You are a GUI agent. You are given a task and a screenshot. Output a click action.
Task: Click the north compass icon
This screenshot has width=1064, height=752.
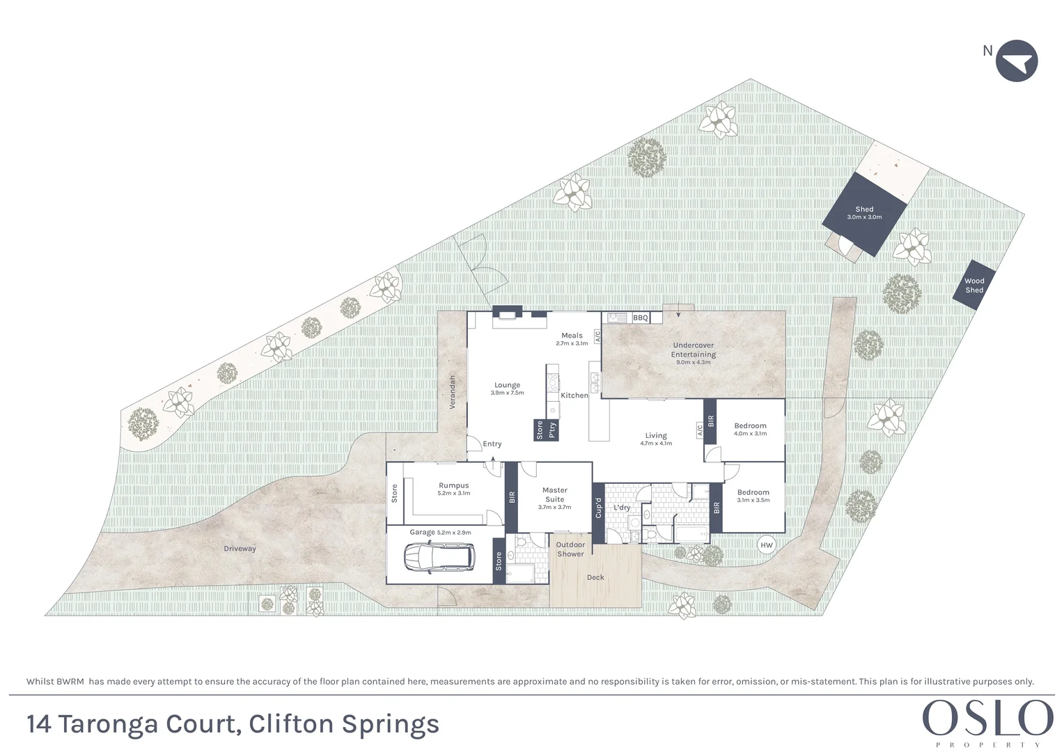[1016, 61]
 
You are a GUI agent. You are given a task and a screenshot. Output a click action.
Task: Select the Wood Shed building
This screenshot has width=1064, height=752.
[974, 285]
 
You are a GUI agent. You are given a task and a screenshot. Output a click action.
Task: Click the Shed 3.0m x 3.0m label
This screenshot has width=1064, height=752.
[864, 213]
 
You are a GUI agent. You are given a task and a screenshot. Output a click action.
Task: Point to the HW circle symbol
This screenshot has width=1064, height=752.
[766, 545]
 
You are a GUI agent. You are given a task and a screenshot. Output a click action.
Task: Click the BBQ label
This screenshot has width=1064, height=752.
[640, 318]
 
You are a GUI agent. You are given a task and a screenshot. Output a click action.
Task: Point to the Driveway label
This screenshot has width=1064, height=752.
[240, 549]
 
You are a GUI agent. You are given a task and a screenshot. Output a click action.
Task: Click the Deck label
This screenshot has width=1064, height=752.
[595, 577]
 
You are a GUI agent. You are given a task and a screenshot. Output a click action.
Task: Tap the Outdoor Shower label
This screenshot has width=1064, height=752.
[570, 549]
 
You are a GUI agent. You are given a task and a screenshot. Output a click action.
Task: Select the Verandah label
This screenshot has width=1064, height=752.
[452, 392]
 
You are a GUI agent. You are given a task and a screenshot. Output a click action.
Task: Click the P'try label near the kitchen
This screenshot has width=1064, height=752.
[553, 430]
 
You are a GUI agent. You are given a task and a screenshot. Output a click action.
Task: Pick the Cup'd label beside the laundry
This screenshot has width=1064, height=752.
[598, 508]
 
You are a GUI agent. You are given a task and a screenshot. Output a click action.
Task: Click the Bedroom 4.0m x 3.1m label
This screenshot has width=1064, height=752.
[750, 429]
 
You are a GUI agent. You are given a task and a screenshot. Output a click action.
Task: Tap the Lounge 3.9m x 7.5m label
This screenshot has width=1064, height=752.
[507, 389]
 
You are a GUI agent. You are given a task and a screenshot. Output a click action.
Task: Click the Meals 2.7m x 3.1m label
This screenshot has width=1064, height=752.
[572, 339]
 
